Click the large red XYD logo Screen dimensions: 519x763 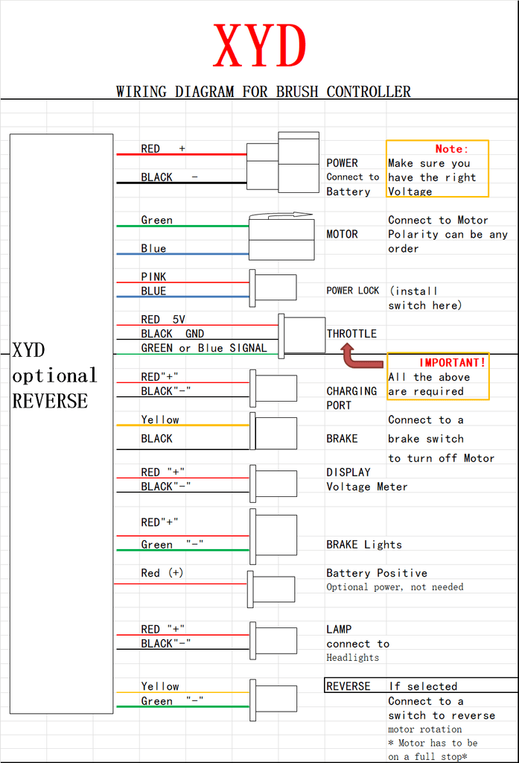point(260,46)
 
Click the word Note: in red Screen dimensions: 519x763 point(451,149)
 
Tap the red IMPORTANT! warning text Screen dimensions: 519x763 point(453,363)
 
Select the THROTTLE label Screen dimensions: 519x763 point(351,334)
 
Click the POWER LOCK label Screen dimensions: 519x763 point(353,291)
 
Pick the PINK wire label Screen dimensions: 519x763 point(153,277)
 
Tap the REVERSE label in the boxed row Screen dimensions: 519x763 point(348,686)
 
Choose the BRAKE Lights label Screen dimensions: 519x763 point(364,545)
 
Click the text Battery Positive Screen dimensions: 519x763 point(377,573)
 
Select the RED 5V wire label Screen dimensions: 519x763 point(163,319)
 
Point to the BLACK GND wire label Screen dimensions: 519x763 point(173,334)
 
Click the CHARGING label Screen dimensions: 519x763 point(351,391)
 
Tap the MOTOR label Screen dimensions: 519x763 point(342,234)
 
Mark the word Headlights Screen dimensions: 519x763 point(353,657)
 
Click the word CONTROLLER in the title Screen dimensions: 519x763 point(369,92)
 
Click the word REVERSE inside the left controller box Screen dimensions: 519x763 point(50,401)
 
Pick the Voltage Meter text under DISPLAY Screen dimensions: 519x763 point(367,487)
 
